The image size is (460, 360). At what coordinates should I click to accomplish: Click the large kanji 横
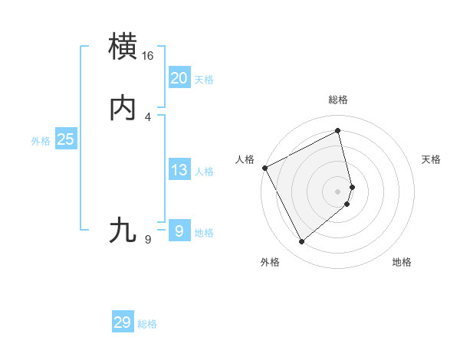tap(123, 47)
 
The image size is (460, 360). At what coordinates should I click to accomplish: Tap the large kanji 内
tap(123, 108)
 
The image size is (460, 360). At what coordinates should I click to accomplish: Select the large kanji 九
tap(123, 230)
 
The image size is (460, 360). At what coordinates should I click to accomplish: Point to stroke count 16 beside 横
tap(147, 56)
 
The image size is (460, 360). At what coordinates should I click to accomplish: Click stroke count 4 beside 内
tap(147, 116)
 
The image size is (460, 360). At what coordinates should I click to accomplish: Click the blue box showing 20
tap(179, 77)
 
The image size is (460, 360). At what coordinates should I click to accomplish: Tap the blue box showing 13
tap(179, 170)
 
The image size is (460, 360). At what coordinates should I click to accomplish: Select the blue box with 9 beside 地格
tap(179, 231)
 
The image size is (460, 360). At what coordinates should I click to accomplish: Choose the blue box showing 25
tap(65, 139)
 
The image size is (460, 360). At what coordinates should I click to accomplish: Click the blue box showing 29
tap(123, 322)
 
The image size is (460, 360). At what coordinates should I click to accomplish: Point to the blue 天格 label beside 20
tap(204, 80)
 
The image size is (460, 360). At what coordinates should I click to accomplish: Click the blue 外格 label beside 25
tap(41, 141)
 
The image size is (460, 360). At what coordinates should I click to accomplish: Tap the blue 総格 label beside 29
tap(147, 324)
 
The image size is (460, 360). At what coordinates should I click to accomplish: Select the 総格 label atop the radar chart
tap(338, 100)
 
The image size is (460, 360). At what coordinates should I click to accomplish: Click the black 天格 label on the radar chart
tap(431, 159)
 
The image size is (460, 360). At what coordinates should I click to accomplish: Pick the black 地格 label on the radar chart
tap(402, 262)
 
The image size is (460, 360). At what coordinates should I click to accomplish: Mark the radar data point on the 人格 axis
tap(264, 168)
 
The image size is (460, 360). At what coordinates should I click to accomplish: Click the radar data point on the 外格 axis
tap(301, 242)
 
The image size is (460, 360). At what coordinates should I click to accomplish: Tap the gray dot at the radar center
tap(338, 191)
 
